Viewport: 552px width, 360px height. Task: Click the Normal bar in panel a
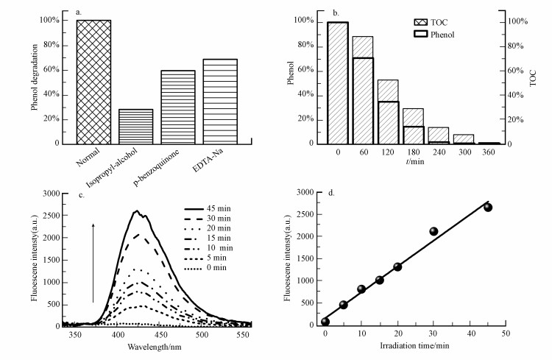pos(93,81)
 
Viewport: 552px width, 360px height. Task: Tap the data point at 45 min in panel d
pos(488,208)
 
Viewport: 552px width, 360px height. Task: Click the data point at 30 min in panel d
pos(434,231)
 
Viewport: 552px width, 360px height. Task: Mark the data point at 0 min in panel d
pos(325,322)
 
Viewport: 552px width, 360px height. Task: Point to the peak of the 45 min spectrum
pos(136,211)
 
